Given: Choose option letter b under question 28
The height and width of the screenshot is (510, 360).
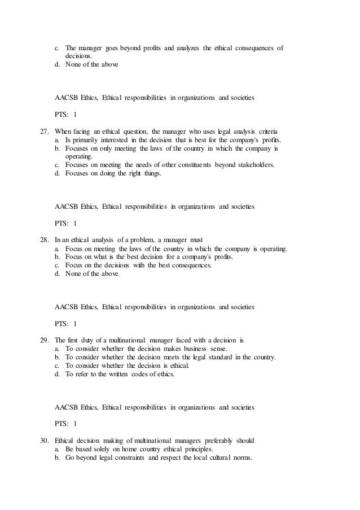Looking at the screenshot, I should click(57, 257).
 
